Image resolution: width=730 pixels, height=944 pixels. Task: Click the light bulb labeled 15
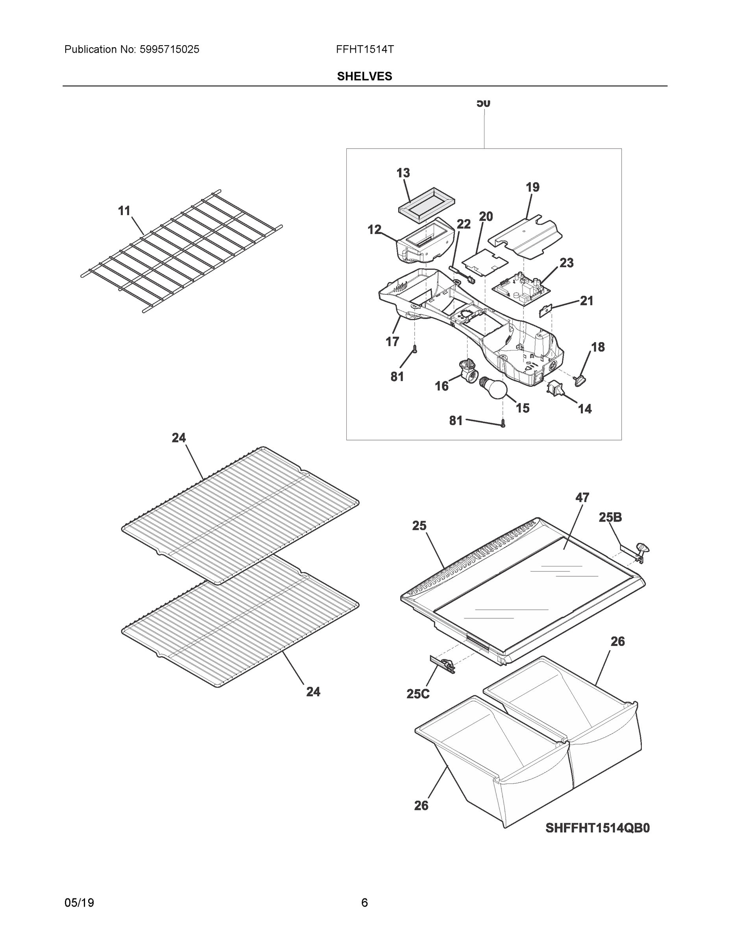click(493, 387)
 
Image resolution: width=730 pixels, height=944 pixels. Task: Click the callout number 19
click(532, 187)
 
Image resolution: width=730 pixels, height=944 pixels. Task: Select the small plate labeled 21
click(546, 310)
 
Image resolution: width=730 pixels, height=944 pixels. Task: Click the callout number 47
click(582, 498)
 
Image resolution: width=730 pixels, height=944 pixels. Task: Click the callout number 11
click(124, 211)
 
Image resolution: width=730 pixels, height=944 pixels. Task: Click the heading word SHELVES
click(364, 77)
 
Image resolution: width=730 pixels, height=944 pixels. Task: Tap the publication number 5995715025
click(169, 50)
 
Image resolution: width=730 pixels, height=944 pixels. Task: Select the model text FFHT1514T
click(364, 50)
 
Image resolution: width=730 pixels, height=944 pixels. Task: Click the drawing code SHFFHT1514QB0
click(597, 828)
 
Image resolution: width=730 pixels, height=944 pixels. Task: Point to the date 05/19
click(79, 903)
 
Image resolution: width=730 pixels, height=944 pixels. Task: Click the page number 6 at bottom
click(364, 903)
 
